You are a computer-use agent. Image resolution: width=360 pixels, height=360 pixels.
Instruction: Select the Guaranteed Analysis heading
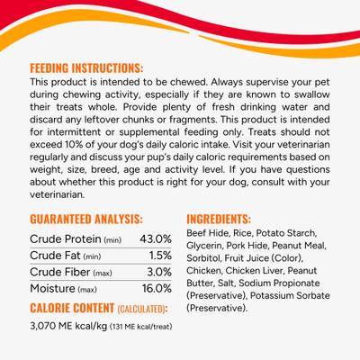86,219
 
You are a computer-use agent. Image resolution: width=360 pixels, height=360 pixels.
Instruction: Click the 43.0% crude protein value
156,238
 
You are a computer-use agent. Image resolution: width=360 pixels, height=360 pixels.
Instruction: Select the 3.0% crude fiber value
157,272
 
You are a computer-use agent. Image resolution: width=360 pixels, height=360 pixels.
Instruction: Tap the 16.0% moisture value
157,289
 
